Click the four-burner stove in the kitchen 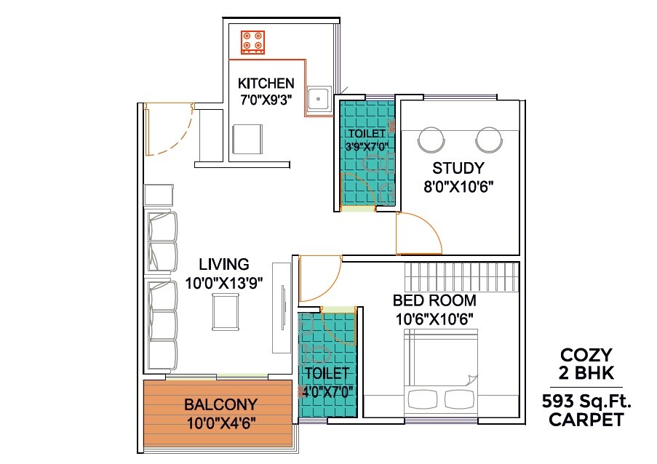pos(254,42)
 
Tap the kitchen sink pos(317,97)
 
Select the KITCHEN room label pos(266,84)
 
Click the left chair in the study pos(431,140)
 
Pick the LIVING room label pos(224,265)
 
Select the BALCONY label pos(220,404)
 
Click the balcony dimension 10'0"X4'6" pos(220,422)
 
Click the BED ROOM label pos(434,300)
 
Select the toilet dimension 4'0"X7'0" pos(327,391)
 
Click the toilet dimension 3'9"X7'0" pos(367,146)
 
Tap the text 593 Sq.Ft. pos(586,401)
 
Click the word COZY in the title pos(587,356)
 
